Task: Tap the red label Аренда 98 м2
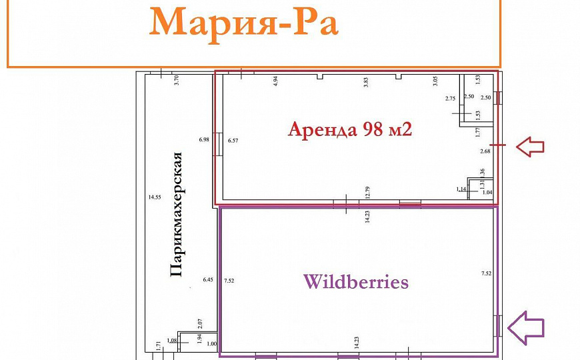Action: point(349,129)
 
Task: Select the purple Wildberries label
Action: point(355,281)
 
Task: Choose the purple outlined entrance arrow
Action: point(526,327)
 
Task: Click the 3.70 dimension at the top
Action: point(177,81)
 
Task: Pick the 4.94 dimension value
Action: point(275,82)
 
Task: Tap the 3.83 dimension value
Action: point(365,83)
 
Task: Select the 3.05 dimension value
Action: point(435,82)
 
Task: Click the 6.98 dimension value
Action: point(204,139)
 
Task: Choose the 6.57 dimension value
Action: point(233,140)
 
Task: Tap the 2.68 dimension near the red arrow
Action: point(485,151)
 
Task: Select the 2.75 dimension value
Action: point(450,99)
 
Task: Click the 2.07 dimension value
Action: point(199,324)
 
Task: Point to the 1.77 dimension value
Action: point(478,132)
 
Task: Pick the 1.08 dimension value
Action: point(173,341)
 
